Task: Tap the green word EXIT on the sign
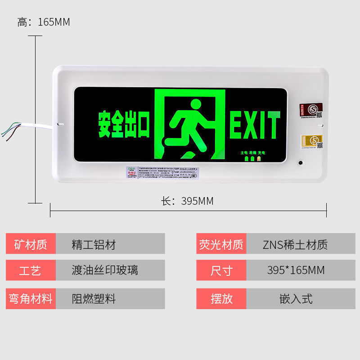255,125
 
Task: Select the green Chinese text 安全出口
124,125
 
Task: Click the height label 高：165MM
44,22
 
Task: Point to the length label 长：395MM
188,201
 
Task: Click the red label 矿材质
31,244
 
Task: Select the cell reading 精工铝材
94,244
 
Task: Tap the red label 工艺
31,270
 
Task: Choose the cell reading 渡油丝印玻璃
105,270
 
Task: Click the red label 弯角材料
31,298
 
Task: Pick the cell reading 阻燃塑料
94,298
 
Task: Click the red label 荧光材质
221,244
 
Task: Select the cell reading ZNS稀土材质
295,244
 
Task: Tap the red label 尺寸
221,270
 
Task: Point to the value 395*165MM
296,270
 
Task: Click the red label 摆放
221,298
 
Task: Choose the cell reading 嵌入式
296,298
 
